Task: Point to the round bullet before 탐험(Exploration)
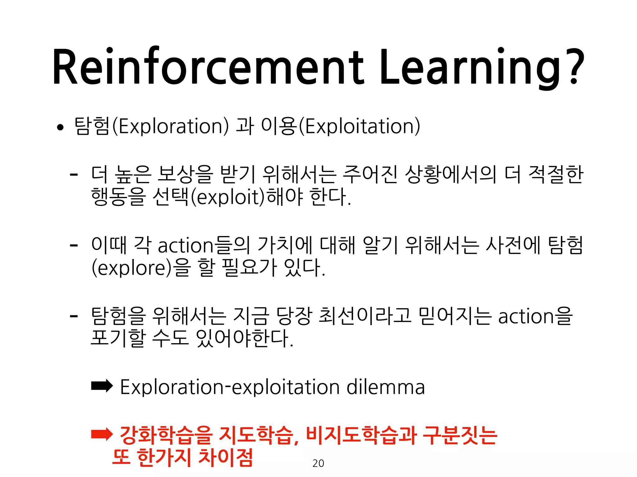click(60, 127)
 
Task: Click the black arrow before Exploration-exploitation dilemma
click(102, 386)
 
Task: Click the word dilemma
click(386, 387)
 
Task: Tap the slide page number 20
click(318, 463)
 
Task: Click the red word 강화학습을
click(166, 435)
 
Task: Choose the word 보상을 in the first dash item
click(185, 174)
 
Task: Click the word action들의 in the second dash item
click(204, 245)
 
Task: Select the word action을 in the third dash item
click(535, 316)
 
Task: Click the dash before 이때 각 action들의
click(74, 245)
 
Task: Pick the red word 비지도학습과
click(361, 435)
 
